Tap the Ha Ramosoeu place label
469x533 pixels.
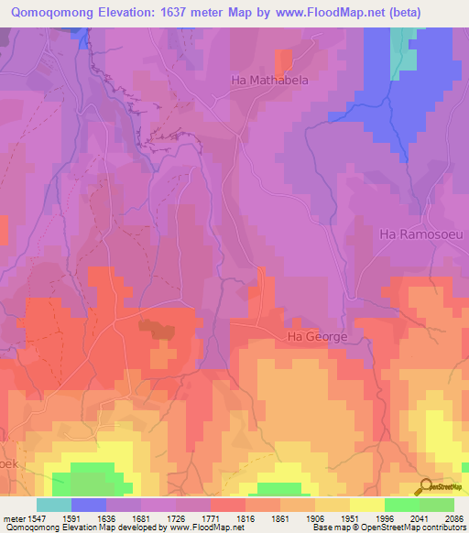(x=421, y=234)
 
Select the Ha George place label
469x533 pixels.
(x=318, y=337)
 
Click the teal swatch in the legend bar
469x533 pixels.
(x=54, y=505)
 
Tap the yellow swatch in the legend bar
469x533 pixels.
(x=367, y=505)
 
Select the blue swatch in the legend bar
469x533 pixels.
(x=89, y=505)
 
